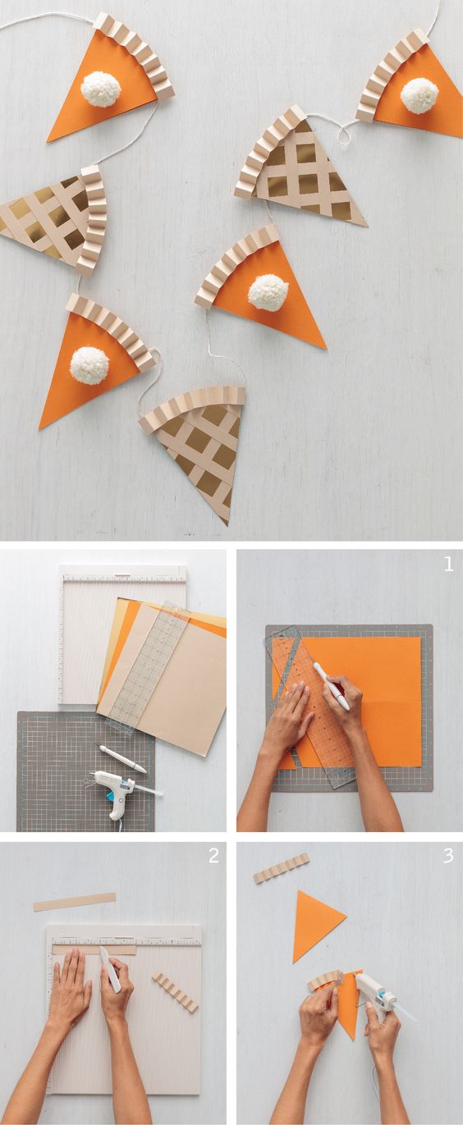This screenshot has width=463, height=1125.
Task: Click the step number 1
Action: tap(448, 565)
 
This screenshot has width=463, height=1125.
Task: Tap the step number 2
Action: tap(213, 855)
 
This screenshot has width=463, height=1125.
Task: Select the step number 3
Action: tap(448, 855)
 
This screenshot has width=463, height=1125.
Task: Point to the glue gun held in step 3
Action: tap(379, 995)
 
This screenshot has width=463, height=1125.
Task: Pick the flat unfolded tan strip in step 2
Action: tap(75, 902)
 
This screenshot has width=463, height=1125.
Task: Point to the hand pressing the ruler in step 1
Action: tap(287, 718)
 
